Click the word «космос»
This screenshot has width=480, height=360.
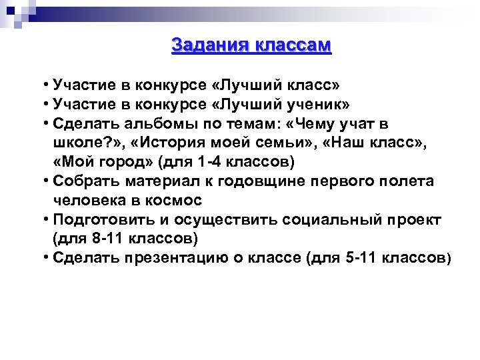click(175, 200)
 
